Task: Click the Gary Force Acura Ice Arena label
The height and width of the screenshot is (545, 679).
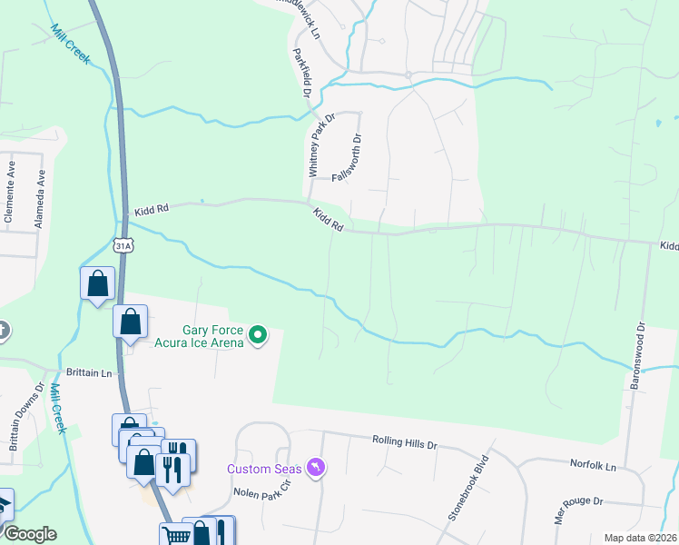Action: (212, 336)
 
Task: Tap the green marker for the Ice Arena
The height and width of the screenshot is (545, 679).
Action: (258, 336)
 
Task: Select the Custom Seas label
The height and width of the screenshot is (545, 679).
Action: (264, 469)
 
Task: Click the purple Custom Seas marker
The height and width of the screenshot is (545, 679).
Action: (315, 467)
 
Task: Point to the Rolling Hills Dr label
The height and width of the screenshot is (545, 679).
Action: (405, 443)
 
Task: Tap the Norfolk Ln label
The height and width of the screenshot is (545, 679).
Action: (593, 465)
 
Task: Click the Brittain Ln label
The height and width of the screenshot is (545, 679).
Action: (89, 372)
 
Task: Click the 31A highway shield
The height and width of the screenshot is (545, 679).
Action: (124, 245)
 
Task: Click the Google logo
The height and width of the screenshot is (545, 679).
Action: (29, 534)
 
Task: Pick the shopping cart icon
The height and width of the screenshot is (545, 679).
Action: (176, 535)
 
